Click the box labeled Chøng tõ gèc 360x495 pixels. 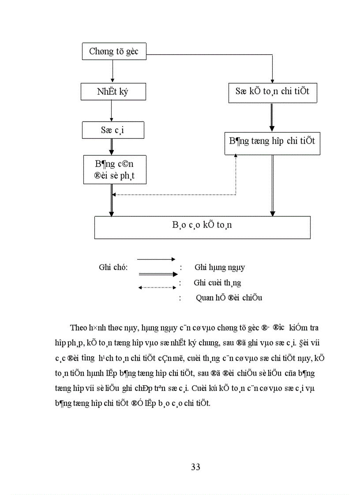(x=114, y=51)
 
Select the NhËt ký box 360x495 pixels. (x=112, y=92)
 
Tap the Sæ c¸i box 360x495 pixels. (x=112, y=130)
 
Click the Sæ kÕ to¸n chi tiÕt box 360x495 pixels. (x=272, y=92)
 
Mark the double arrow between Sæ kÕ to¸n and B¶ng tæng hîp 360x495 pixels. (x=272, y=117)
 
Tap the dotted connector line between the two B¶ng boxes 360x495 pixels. (x=176, y=194)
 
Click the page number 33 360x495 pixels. (x=196, y=467)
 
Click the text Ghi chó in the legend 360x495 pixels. (x=113, y=267)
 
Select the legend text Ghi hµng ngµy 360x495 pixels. (x=219, y=267)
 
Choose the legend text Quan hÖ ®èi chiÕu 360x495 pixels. (x=229, y=298)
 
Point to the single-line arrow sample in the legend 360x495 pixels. (x=156, y=259)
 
